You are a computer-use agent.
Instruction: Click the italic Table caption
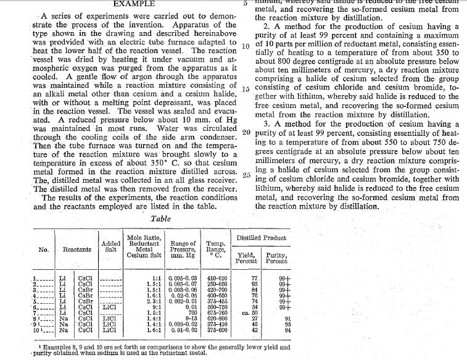coord(162,218)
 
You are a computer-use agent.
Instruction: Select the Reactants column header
coord(77,249)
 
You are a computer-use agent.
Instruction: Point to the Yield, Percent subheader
coord(247,258)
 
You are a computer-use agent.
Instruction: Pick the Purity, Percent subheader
coord(276,258)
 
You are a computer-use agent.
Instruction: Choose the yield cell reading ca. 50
coord(249,312)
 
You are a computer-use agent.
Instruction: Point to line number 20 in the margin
coord(245,132)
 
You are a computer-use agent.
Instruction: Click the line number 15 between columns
coord(245,89)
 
